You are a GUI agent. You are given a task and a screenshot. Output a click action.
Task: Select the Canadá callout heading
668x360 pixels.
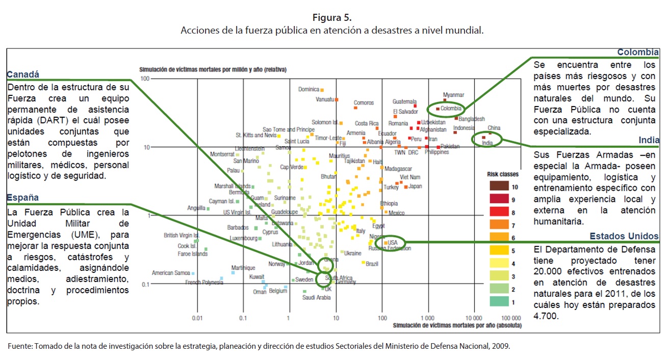pyautogui.click(x=23, y=74)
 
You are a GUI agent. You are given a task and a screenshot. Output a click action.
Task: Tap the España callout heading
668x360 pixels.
pyautogui.click(x=23, y=198)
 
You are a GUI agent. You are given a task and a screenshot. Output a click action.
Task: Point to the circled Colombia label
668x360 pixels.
pyautogui.click(x=451, y=109)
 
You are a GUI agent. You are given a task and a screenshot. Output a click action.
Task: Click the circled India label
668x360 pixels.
pyautogui.click(x=487, y=143)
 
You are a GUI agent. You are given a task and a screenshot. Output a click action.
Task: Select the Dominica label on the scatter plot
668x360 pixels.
pyautogui.click(x=309, y=90)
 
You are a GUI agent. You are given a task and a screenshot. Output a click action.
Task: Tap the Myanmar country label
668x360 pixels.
pyautogui.click(x=453, y=95)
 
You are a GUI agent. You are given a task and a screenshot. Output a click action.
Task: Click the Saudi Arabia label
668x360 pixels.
pyautogui.click(x=317, y=298)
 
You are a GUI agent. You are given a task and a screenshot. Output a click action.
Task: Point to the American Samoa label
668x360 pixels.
pyautogui.click(x=171, y=273)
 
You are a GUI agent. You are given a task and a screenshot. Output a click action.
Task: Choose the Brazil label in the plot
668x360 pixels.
pyautogui.click(x=372, y=264)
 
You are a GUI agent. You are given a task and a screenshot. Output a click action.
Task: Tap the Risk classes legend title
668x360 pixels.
pyautogui.click(x=503, y=174)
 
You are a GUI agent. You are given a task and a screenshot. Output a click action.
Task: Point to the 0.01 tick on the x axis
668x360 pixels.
pyautogui.click(x=197, y=318)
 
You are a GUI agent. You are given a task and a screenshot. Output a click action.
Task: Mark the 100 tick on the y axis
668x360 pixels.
pyautogui.click(x=145, y=79)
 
